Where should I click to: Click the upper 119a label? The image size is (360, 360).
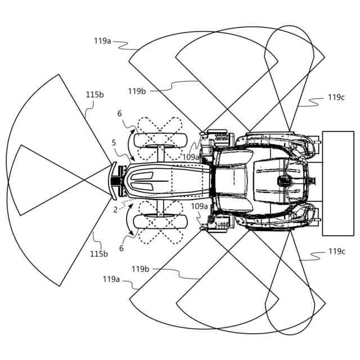coord(103,40)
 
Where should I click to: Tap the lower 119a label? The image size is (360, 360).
coord(111,278)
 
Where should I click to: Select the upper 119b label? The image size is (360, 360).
coord(137,91)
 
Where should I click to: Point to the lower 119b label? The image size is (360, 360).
coord(141,269)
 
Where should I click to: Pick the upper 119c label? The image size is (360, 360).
coord(336,97)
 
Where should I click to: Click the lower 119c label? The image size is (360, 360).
coord(336,251)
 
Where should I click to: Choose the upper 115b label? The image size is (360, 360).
coord(94,94)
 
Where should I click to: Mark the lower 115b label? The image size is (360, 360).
coord(99,254)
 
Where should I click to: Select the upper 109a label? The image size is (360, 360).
coord(191,157)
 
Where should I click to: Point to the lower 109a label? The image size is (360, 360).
coord(199,206)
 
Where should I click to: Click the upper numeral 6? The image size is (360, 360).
coord(119,113)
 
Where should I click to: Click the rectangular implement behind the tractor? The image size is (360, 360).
coord(337,183)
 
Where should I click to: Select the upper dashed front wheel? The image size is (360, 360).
coord(160,137)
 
